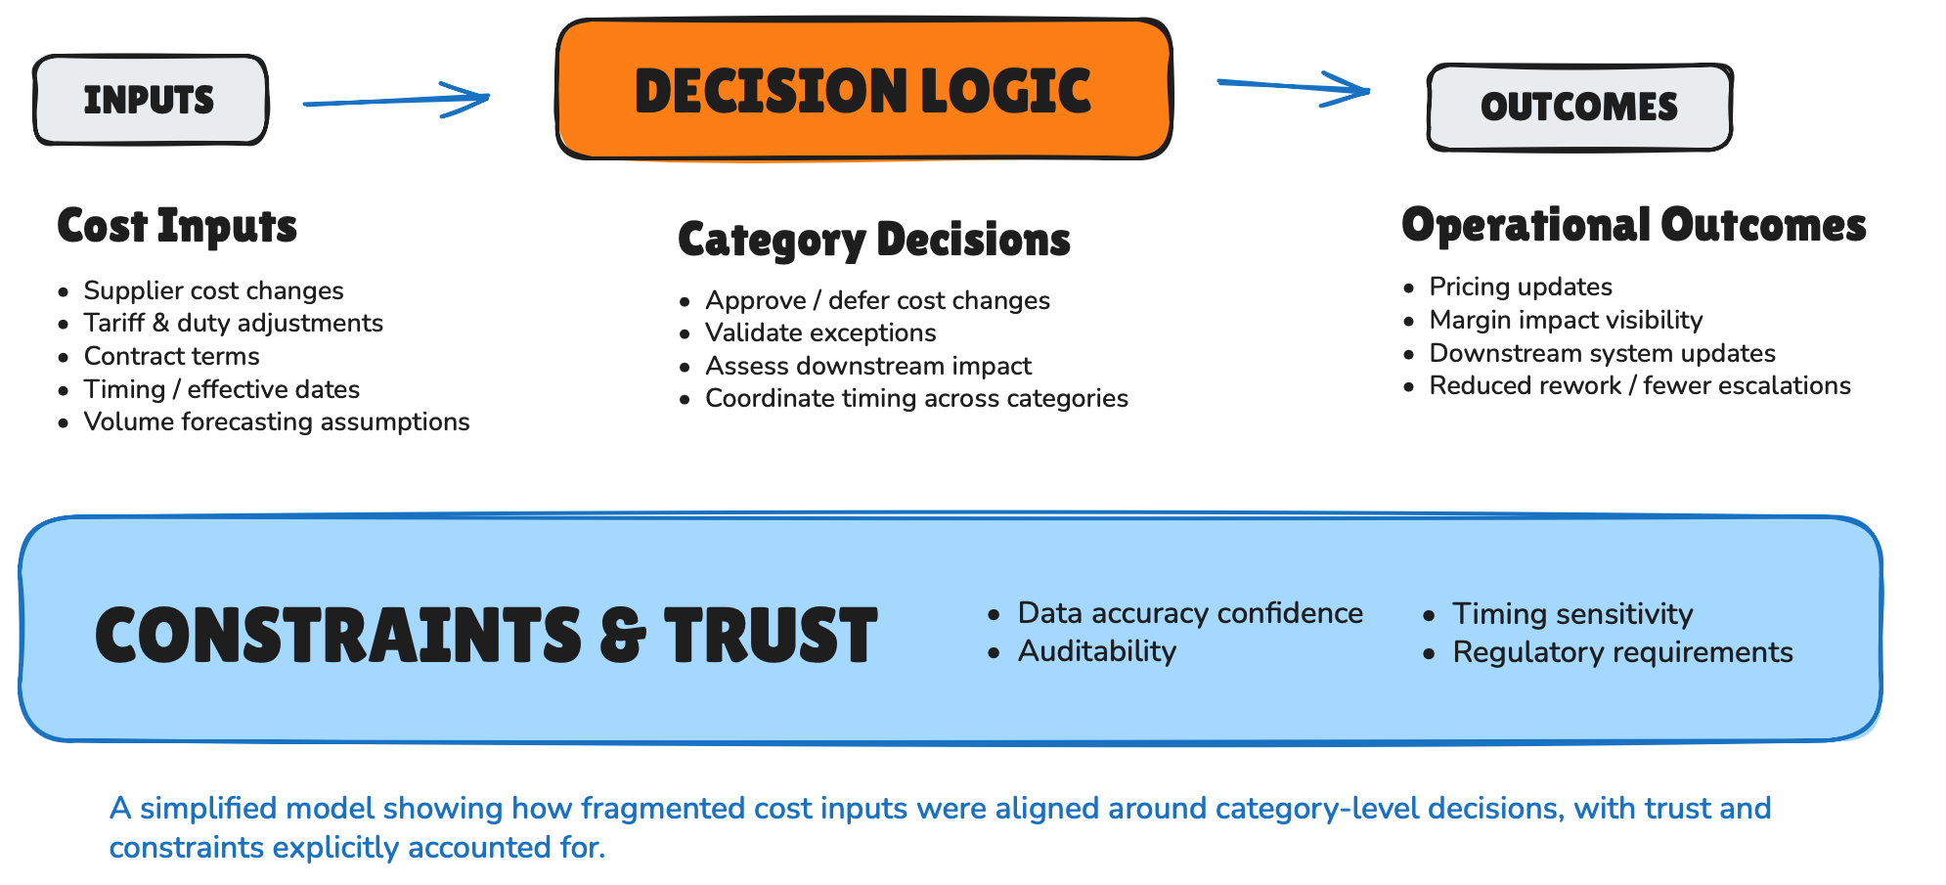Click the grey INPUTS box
(151, 100)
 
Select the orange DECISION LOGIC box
(863, 90)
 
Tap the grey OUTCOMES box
(1578, 108)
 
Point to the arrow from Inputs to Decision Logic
(396, 100)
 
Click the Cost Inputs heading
(177, 226)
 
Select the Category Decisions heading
(874, 240)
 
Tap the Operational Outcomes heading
(1633, 225)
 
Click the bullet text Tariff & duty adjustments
(233, 323)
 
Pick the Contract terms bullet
(171, 356)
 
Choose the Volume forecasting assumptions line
(276, 421)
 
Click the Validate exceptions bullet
(820, 332)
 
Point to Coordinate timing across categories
(916, 398)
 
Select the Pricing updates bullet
(1520, 287)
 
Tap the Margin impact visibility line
(1565, 320)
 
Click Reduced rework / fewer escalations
(1639, 385)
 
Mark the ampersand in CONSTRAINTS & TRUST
(623, 635)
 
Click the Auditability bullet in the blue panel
(1096, 651)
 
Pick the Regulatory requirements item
(1621, 652)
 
